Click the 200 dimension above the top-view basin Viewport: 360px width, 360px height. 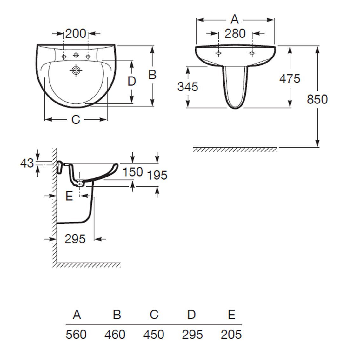(76, 34)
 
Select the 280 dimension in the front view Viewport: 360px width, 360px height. (235, 34)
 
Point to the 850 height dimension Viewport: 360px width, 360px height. (317, 99)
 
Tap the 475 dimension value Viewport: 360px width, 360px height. (290, 78)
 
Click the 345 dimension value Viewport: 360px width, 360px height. (188, 87)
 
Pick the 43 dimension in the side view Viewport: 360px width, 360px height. (27, 163)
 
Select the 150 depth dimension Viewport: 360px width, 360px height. (133, 172)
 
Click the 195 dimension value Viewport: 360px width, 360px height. (157, 176)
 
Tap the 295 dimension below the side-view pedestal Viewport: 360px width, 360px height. (75, 239)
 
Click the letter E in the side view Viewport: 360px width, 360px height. (69, 196)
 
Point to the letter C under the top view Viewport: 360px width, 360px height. (76, 120)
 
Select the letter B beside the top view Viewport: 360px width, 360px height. (152, 75)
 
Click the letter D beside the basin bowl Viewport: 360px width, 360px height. (131, 81)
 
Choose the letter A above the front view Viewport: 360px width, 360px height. (235, 19)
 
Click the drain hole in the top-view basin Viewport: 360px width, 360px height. (76, 70)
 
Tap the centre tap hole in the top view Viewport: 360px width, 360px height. (76, 55)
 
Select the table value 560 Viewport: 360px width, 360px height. (76, 335)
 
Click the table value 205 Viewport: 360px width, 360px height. (231, 335)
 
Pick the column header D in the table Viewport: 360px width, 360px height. (191, 315)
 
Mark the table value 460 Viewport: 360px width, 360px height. (115, 335)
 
